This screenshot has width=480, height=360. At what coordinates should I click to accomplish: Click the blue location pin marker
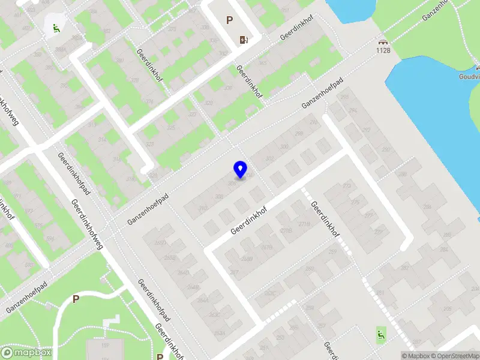241,169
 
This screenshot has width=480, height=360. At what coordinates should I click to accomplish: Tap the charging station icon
244,40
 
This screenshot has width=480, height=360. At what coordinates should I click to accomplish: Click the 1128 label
383,50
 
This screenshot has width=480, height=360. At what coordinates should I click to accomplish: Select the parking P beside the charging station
229,20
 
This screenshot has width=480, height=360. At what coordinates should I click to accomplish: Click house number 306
232,184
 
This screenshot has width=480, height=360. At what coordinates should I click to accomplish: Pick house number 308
284,146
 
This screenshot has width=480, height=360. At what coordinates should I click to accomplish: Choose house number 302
253,158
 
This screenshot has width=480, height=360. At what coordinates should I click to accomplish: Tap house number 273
346,186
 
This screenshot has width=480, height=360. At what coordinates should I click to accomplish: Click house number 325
171,128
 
